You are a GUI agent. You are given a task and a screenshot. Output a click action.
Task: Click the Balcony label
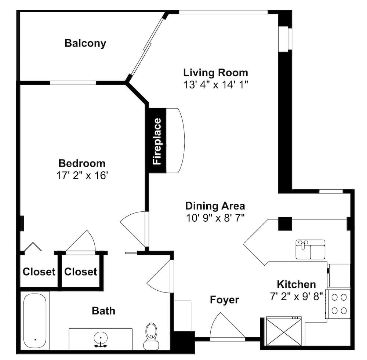[x=85, y=44]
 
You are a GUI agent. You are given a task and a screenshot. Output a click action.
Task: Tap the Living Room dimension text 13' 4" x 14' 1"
[x=215, y=84]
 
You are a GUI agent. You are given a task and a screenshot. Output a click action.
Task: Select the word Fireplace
[x=157, y=141]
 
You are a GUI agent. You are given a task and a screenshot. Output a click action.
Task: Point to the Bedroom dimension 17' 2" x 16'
[x=82, y=175]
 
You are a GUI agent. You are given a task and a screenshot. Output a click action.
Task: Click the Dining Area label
[x=215, y=206]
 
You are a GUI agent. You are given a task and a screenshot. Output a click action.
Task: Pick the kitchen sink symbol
[x=310, y=249]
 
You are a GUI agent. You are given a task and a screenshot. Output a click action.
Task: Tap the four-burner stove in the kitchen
[x=339, y=304]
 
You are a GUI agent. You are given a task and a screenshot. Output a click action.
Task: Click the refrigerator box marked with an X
[x=284, y=331]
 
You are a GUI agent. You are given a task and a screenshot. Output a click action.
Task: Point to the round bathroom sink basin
[x=101, y=338]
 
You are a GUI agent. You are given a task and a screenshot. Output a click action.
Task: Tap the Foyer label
[x=225, y=300]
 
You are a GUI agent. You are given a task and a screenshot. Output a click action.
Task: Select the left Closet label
[x=39, y=272]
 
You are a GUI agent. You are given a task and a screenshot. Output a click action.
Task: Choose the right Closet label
[x=80, y=272]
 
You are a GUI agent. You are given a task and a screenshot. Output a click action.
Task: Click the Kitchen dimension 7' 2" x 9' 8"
[x=296, y=297]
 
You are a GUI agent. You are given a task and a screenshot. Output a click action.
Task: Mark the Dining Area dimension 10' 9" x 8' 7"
[x=215, y=218]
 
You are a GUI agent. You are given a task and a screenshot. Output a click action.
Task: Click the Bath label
[x=103, y=311]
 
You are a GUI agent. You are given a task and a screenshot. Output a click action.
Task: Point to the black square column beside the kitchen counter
[x=285, y=224]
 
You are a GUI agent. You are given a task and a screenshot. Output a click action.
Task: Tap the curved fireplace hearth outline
[x=184, y=141]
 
